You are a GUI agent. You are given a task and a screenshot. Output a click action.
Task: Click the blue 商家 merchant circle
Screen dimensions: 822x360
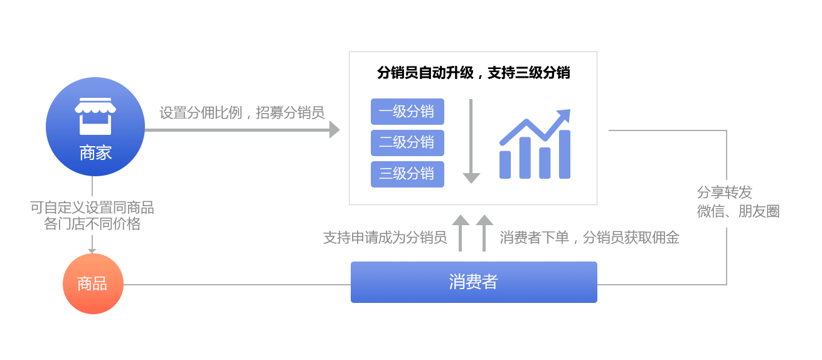tap(95, 127)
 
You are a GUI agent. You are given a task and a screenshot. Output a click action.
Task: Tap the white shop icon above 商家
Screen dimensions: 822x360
tap(95, 116)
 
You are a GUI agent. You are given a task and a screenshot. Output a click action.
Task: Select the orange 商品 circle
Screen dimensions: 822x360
tap(93, 283)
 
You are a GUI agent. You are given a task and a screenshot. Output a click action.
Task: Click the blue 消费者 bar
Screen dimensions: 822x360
tap(474, 282)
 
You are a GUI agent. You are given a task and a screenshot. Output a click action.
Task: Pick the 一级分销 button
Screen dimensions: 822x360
tap(407, 112)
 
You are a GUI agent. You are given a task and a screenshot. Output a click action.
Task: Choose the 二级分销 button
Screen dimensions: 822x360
tap(407, 143)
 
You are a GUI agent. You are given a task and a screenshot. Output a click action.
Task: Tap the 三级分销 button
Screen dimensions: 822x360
tap(407, 174)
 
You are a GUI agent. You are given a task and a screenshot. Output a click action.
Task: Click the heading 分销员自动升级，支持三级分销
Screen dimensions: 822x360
tap(473, 73)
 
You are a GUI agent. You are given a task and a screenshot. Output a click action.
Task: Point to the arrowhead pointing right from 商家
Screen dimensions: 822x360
tap(334, 130)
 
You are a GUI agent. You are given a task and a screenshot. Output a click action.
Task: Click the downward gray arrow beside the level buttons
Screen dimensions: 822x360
tap(471, 141)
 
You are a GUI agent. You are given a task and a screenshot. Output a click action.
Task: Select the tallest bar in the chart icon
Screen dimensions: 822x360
tap(564, 154)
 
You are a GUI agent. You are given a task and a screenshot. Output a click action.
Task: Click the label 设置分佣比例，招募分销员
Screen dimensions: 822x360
tap(242, 113)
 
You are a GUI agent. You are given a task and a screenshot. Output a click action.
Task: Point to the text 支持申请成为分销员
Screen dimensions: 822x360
tap(385, 238)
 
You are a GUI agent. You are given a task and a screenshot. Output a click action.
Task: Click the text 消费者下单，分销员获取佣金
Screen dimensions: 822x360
tap(589, 238)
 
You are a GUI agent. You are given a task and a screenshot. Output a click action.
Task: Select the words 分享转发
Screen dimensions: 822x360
tap(724, 193)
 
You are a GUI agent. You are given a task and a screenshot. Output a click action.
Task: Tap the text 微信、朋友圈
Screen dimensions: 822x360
tap(738, 211)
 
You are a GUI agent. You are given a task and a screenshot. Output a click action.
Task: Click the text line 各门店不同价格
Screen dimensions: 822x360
tap(92, 224)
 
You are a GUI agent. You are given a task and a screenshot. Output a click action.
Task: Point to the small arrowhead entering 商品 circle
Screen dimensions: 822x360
tap(92, 251)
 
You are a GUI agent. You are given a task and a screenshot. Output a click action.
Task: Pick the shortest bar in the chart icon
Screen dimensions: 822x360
tap(505, 165)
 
